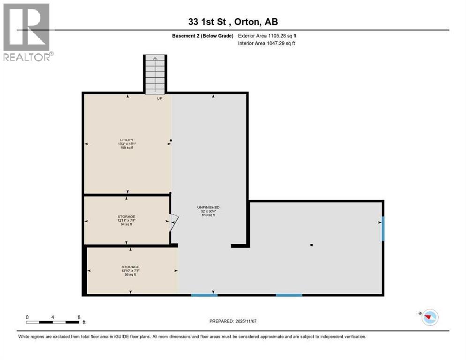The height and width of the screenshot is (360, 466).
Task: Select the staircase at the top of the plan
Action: (155, 74)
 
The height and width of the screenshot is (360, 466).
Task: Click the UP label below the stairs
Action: (159, 98)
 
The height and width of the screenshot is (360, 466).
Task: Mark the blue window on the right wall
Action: (383, 228)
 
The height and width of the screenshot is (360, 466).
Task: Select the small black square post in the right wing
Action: (311, 245)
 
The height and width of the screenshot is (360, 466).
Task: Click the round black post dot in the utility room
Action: (171, 140)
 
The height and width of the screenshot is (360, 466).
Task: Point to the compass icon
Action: (429, 317)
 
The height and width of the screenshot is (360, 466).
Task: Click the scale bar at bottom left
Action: (53, 322)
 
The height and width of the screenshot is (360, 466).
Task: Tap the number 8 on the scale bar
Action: (79, 317)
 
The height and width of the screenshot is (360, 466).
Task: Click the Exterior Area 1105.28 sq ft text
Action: (267, 36)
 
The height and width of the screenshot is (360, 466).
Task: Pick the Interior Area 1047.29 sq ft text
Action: (267, 43)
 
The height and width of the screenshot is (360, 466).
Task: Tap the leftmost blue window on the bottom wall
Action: (204, 295)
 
